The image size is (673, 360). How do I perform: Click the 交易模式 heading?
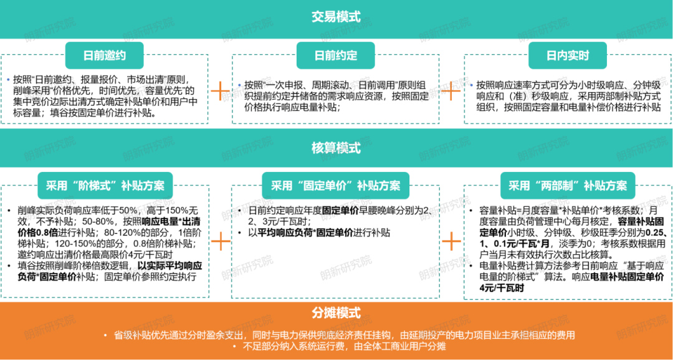pos(336,17)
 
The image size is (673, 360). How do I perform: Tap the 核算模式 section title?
pos(336,148)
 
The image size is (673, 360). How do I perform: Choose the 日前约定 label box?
pos(336,55)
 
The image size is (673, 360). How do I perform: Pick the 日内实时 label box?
pos(568,55)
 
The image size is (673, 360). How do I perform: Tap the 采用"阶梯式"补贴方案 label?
pos(105,186)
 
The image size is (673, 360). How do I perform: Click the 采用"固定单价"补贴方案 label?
pos(336,186)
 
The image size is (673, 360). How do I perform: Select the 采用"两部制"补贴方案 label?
pos(568,186)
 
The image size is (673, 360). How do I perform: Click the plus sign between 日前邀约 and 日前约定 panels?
pos(220,91)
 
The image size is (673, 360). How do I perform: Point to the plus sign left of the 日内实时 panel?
pos(451,91)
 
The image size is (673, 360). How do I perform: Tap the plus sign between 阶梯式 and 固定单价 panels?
pos(220,242)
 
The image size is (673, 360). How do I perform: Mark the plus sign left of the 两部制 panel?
pos(451,242)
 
